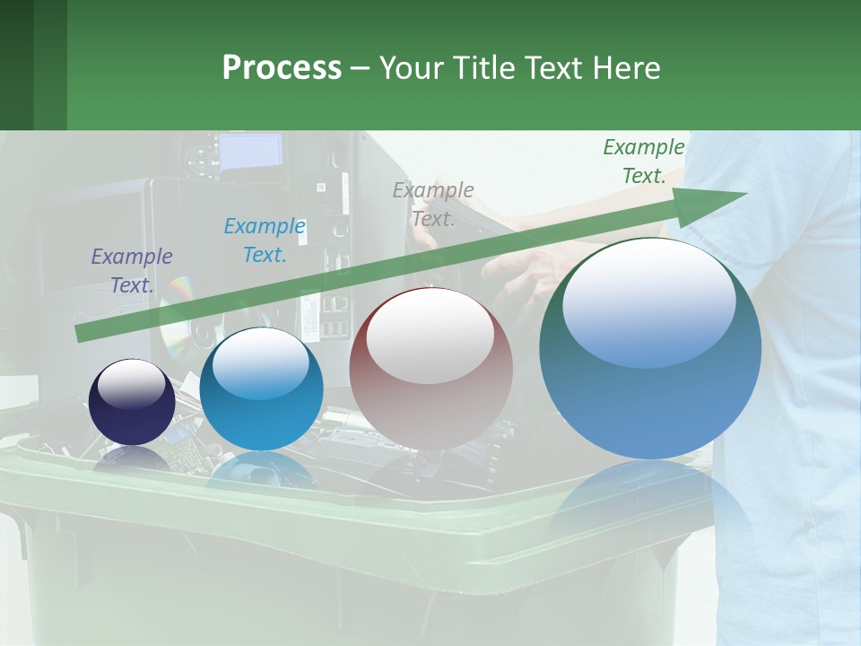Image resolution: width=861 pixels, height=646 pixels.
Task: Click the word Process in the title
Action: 282,68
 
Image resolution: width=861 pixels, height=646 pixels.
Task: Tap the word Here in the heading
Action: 625,68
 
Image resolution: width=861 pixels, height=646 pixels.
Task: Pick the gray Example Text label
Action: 433,205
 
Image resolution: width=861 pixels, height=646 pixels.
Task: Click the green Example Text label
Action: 643,161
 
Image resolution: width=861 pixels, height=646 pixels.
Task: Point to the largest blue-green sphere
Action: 650,404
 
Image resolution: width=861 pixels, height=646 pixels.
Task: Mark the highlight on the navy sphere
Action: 131,384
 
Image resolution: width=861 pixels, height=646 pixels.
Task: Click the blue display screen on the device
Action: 250,151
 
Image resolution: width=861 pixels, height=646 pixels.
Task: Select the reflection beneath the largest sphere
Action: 650,502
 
